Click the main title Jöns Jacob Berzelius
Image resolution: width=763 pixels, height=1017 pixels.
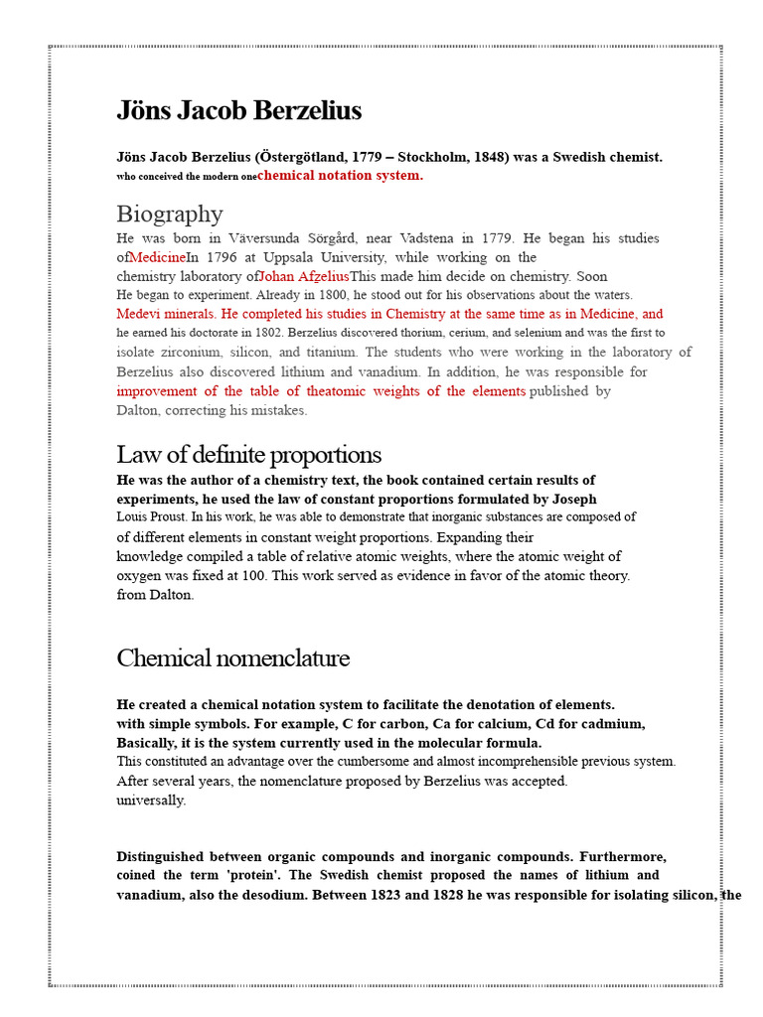238,110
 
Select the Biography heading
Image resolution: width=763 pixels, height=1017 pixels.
169,214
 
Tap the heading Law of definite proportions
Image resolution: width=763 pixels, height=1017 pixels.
248,455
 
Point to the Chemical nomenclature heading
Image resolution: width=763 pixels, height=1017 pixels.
232,658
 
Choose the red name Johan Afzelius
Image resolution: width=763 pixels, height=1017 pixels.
303,276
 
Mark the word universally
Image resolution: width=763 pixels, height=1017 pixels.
151,800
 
